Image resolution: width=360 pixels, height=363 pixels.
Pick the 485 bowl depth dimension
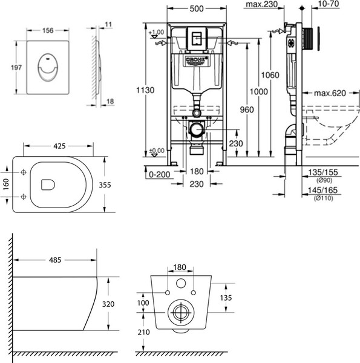point(54,261)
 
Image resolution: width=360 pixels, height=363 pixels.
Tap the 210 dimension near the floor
point(143,333)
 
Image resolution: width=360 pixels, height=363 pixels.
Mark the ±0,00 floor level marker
point(157,151)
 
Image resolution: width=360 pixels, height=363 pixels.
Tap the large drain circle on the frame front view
point(195,128)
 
